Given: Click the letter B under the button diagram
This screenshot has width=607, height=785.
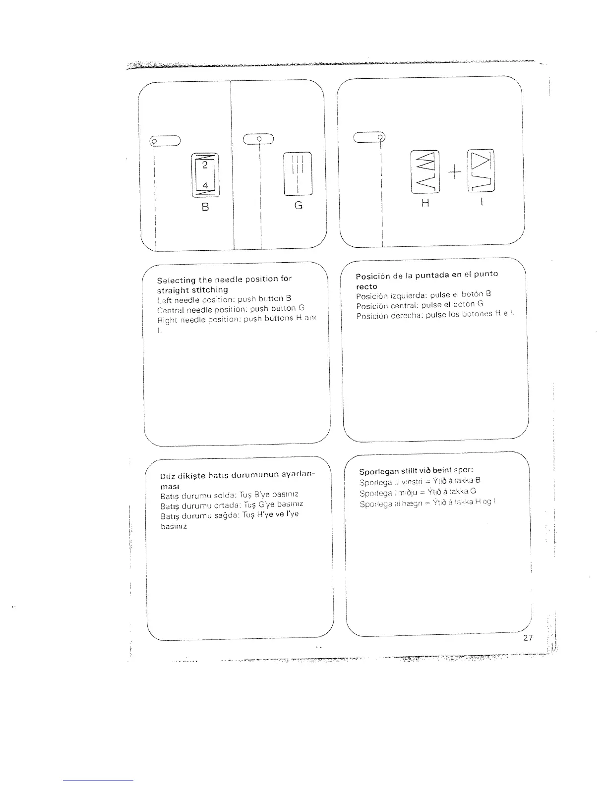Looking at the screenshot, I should coord(205,207).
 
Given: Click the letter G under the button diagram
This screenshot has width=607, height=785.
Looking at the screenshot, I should coord(298,205).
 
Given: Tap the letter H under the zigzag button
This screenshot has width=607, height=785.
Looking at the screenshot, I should coord(425,202).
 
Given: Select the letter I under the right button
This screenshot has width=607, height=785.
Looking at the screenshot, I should coord(481,202).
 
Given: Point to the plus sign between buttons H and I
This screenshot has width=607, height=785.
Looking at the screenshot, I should coord(454,171).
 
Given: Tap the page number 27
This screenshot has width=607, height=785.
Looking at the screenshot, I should coord(528,637).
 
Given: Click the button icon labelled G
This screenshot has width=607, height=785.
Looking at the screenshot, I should coord(297,173).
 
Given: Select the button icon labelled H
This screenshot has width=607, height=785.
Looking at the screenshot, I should coord(425,171).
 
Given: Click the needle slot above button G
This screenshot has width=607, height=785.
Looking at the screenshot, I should coord(258,139).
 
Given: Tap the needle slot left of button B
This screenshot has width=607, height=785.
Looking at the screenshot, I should coord(165,141).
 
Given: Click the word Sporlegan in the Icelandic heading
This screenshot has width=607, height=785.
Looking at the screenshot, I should coord(379,471).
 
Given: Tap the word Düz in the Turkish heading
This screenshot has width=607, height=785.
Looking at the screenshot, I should coord(166,477).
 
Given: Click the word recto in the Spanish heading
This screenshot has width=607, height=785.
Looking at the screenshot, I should coord(367,286).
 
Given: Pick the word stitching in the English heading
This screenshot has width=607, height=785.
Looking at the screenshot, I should coord(209,289).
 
